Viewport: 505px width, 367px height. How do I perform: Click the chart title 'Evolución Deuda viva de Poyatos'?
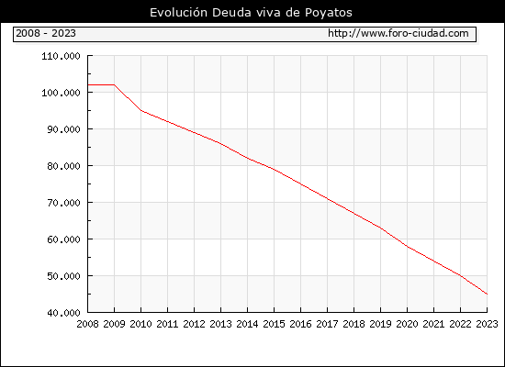coord(251,12)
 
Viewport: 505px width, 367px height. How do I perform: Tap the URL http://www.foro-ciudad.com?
coord(398,33)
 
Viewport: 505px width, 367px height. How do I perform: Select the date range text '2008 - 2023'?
coord(46,33)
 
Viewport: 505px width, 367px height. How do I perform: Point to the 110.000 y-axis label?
coord(61,56)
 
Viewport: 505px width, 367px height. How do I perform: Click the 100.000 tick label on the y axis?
coord(61,93)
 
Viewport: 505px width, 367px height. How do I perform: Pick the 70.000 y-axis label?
coord(63,203)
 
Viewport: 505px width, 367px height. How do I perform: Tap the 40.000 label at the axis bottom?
coord(63,313)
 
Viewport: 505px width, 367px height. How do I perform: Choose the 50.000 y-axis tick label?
coord(63,276)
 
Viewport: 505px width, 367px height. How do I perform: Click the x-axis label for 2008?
coord(87,324)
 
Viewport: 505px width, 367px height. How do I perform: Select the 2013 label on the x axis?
coord(220,324)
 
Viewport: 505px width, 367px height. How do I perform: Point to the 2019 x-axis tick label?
coord(380,324)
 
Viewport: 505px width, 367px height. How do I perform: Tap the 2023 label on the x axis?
coord(487,324)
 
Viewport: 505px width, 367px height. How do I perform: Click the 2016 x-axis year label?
coord(300,324)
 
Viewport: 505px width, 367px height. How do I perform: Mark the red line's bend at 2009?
coord(115,84)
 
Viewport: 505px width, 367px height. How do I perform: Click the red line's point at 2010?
coord(141,110)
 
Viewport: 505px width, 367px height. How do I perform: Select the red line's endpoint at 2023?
coord(487,294)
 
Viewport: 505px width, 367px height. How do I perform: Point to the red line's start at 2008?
coord(88,84)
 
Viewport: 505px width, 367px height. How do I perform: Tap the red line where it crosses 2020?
coord(407,247)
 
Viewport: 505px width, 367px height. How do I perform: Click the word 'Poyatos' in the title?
coord(329,13)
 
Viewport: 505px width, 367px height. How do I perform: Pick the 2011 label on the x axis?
coord(167,324)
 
